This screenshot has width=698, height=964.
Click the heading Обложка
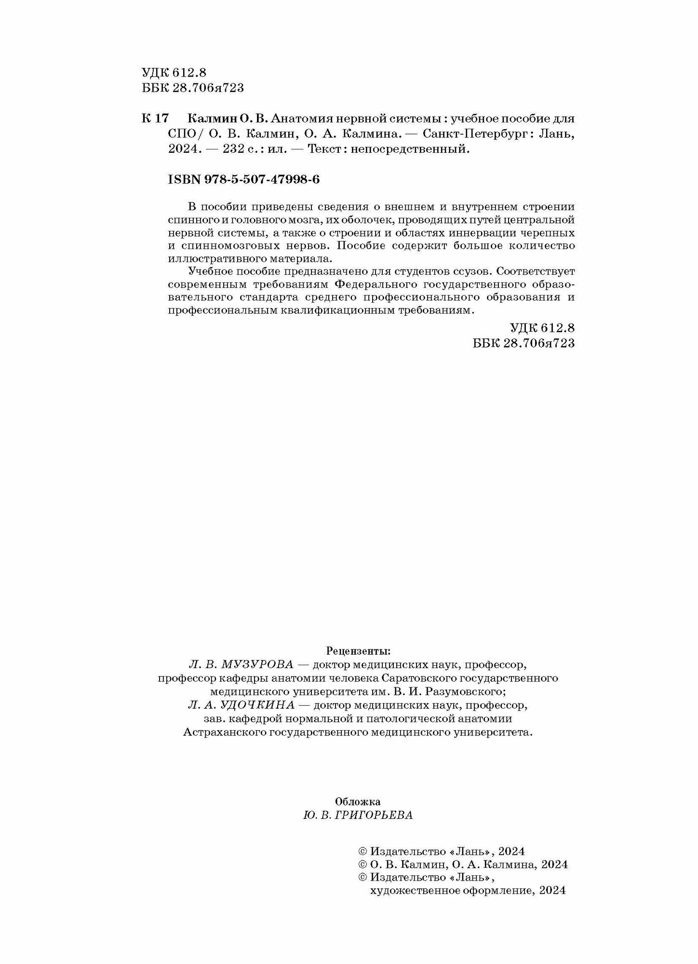pos(358,801)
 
